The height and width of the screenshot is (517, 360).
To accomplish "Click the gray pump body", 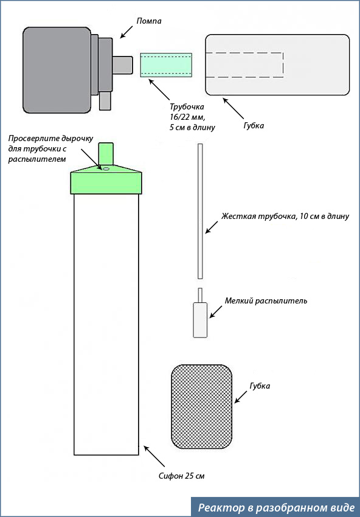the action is (x=57, y=70).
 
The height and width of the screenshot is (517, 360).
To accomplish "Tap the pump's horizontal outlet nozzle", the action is (x=122, y=64).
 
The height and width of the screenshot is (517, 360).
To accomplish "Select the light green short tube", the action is (x=166, y=65).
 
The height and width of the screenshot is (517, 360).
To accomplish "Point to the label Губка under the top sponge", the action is (x=253, y=126).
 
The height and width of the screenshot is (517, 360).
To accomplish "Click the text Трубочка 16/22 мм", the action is (x=187, y=112).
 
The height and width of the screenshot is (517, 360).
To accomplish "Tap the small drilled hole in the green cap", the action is (x=106, y=168).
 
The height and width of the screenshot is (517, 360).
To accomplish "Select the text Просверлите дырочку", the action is (x=51, y=138).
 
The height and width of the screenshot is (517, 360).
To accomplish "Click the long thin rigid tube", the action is (x=200, y=211).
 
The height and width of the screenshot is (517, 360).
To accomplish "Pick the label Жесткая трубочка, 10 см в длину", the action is (x=285, y=217).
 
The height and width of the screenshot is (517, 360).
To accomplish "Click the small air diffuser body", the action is (x=200, y=320).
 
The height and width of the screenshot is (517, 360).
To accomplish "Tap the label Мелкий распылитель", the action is (x=266, y=301).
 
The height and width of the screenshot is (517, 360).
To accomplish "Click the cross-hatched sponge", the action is (x=201, y=406).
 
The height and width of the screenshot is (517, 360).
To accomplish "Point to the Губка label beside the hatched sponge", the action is (x=259, y=386).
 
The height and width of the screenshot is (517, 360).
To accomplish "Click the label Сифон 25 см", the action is (x=182, y=476).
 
